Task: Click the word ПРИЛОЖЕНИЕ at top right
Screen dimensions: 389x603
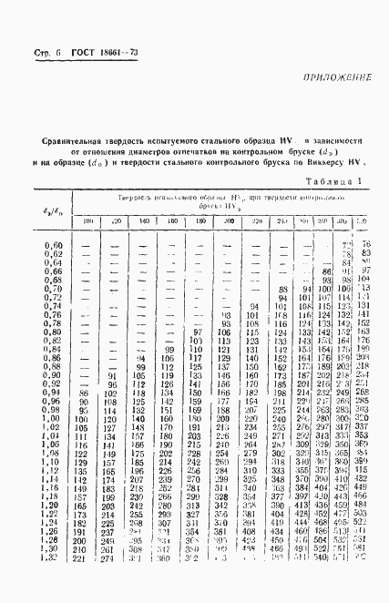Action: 332,82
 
